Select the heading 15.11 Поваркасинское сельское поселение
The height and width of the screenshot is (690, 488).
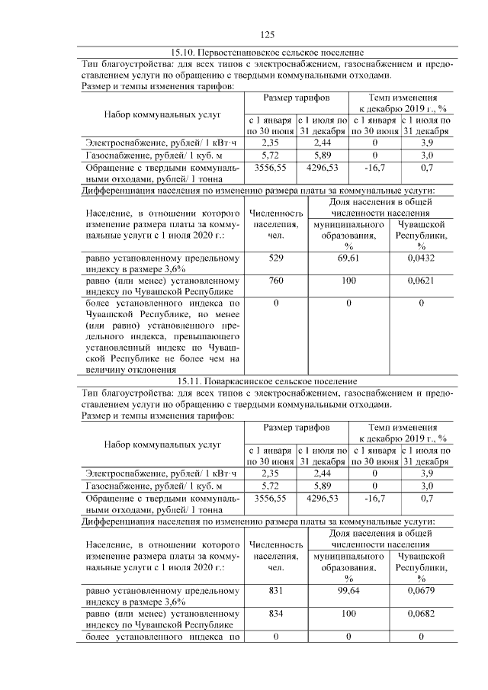(x=267, y=381)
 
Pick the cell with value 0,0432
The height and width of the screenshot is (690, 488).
(x=421, y=259)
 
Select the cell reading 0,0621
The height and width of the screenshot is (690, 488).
(x=421, y=281)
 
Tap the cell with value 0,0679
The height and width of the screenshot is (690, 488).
(x=421, y=589)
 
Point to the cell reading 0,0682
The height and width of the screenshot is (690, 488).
(x=421, y=612)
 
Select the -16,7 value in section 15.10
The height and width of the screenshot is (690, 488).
(x=375, y=166)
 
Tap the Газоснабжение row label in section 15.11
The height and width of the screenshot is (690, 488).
(x=143, y=485)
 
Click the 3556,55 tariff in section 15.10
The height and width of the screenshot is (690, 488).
(x=271, y=166)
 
